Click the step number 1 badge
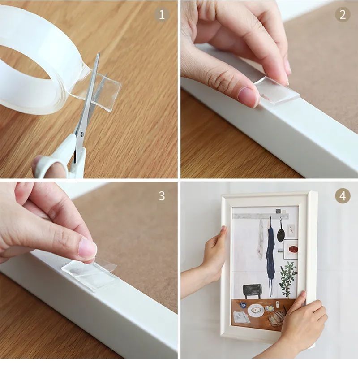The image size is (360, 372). coord(162,15)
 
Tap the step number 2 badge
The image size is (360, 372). coord(343,15)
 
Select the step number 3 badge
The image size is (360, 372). coord(162,196)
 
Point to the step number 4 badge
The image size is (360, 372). coord(343,196)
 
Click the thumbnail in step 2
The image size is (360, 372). coord(247,95)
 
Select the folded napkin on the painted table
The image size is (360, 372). coord(242,317)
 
